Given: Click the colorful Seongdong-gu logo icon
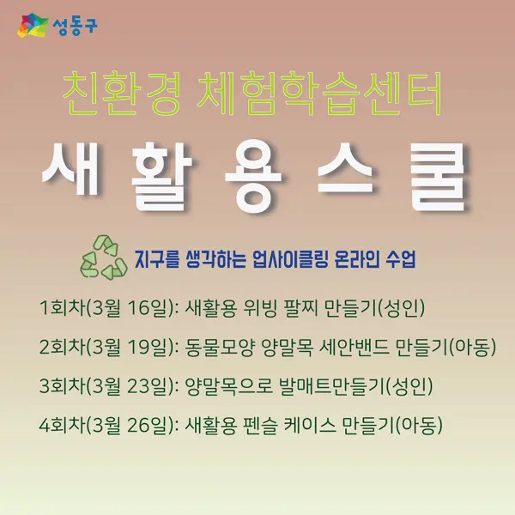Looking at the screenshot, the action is pos(33,25).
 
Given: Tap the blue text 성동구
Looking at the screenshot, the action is pos(75,26).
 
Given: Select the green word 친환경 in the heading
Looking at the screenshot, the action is pos(121,94).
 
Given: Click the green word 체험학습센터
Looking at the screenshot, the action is pos(319,94).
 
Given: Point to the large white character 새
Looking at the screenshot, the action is pos(71,169).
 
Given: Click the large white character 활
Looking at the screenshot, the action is pos(161,176).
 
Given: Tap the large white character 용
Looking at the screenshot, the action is pos(253,176).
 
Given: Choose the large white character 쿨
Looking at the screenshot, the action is pos(438,176).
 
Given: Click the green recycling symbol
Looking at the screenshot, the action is pos(104,257).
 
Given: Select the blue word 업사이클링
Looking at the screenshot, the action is pos(290,259).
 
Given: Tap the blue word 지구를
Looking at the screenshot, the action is pos(157,259).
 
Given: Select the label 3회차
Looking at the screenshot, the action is pos(62,385).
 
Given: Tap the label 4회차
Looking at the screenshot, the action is pos(62,425).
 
